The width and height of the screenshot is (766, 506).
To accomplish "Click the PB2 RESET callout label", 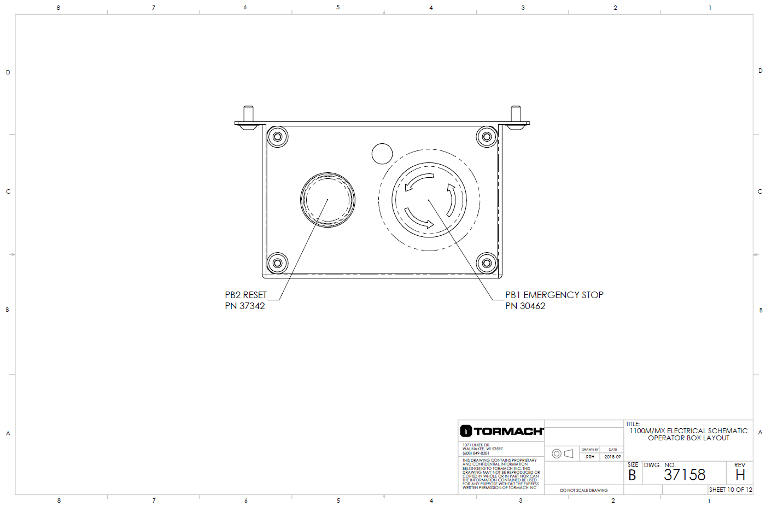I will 245,295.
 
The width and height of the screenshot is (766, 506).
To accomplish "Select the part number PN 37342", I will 244,306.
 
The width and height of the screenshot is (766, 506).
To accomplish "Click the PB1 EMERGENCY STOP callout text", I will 554,295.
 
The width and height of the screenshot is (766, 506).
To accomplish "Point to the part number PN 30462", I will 525,306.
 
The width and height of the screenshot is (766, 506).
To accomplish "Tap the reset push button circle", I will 328,200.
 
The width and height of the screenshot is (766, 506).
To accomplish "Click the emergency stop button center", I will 429,200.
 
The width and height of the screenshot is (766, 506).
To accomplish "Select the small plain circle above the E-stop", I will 382,154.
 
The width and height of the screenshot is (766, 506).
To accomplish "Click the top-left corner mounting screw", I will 277,136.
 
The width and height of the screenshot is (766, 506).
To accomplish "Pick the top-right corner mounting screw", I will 486,136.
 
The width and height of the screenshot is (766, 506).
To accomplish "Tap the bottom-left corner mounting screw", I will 277,263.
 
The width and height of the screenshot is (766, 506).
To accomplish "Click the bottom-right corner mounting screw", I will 486,263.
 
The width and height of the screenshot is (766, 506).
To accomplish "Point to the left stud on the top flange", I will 248,115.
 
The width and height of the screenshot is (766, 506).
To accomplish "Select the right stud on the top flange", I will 515,115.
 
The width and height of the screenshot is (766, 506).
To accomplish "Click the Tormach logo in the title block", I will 502,431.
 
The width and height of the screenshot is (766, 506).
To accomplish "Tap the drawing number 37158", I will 685,475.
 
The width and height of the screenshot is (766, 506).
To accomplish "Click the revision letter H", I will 740,475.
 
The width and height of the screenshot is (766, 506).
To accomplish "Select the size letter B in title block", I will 632,475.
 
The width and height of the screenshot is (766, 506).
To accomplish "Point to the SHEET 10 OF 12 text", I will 730,490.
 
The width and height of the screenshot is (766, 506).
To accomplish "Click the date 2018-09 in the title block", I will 612,457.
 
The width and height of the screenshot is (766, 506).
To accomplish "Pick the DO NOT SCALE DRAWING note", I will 583,490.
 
